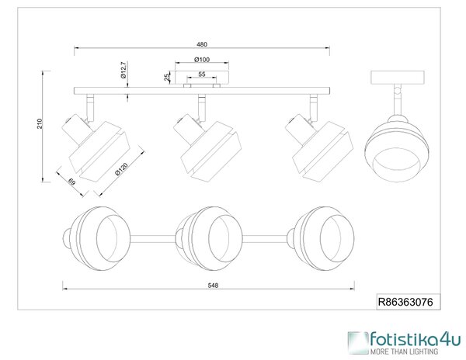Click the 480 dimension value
click(202, 44)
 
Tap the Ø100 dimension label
click(202, 60)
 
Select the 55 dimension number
click(202, 74)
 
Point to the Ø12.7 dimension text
click(124, 70)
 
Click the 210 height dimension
click(40, 123)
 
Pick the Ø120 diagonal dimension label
click(121, 169)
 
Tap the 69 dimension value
click(72, 182)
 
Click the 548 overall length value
click(213, 286)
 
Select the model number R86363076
click(405, 302)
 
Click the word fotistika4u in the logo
click(416, 340)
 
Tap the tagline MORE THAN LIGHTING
click(404, 351)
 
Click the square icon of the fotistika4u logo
click(358, 343)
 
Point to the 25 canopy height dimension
click(167, 78)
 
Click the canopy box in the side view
click(398, 78)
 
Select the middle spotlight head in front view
click(207, 146)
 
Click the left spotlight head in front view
click(95, 146)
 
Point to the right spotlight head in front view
click(319, 146)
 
